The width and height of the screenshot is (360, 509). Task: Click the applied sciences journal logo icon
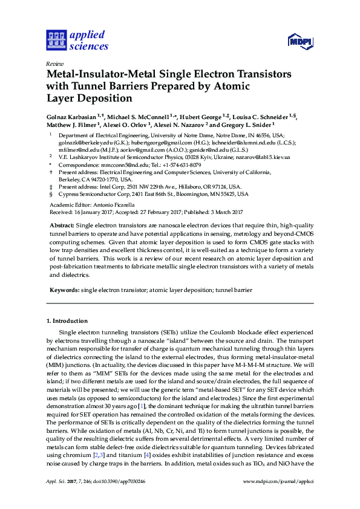(56, 41)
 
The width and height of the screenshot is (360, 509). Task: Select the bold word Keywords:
(64, 291)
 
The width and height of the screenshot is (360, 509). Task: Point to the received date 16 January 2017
(90, 212)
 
